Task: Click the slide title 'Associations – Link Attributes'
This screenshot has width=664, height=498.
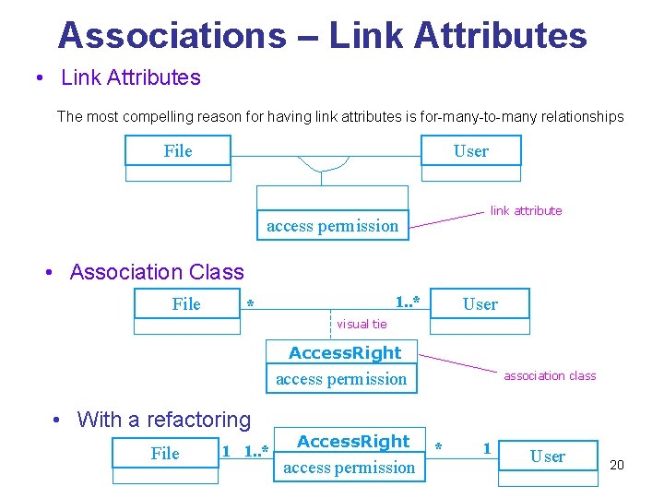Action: (x=322, y=35)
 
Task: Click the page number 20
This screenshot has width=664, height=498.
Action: (x=617, y=465)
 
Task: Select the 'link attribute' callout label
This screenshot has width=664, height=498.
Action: (x=526, y=210)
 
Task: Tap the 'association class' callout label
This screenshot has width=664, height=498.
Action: (x=550, y=375)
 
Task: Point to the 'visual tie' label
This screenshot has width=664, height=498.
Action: (x=362, y=324)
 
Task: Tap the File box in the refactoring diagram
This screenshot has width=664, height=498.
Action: (x=165, y=453)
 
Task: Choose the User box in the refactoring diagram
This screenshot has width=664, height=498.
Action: (x=548, y=456)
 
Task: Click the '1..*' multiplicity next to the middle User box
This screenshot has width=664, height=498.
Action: (x=408, y=302)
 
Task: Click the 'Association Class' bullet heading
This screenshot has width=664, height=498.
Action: (x=157, y=272)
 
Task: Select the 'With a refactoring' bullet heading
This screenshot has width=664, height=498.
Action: (x=164, y=420)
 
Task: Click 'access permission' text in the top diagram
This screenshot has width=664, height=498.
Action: (x=332, y=225)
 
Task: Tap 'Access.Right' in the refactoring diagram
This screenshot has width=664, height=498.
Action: (x=353, y=442)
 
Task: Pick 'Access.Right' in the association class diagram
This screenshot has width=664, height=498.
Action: (x=345, y=353)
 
